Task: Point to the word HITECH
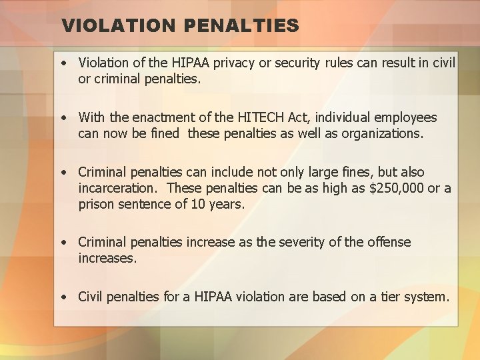pos(261,118)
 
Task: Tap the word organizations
pos(382,133)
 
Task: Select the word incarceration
pos(119,188)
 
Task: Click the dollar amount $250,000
pos(396,188)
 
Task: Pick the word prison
pos(96,204)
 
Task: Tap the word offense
pos(388,242)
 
